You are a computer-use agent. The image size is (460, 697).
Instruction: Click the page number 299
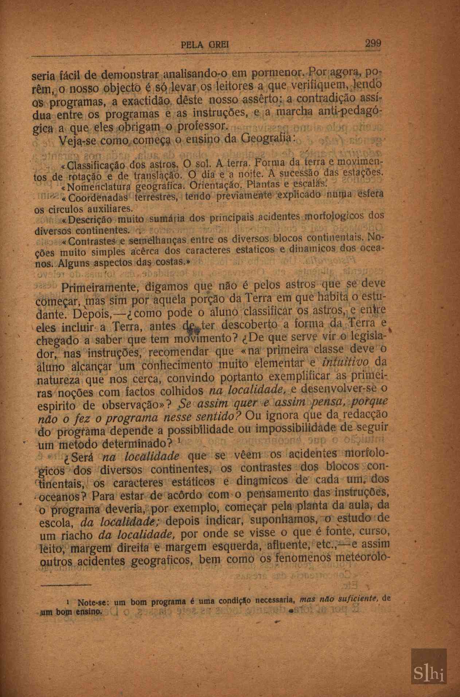[373, 44]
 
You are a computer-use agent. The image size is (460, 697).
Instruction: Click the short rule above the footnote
[66, 585]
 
